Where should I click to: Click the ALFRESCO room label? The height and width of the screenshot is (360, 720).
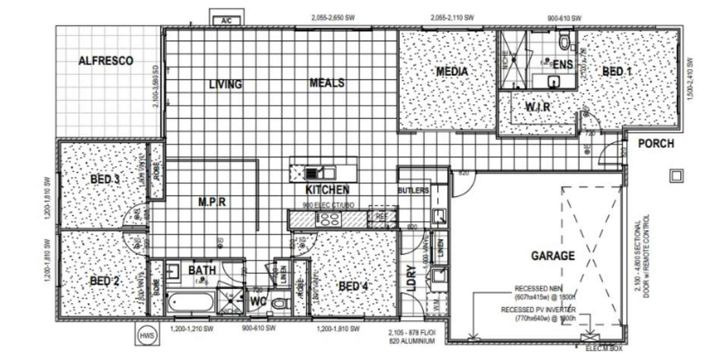pos(106,61)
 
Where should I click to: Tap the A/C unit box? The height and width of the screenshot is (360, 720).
pos(227,20)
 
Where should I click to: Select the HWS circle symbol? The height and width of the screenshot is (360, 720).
pos(147,335)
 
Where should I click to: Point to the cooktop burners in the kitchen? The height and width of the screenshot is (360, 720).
pos(329,219)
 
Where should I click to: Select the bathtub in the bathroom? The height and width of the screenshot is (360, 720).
pos(190,303)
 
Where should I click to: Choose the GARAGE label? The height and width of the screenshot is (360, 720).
pos(553,256)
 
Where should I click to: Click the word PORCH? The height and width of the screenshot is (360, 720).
pos(656,144)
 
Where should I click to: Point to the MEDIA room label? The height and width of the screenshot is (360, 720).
pos(452,71)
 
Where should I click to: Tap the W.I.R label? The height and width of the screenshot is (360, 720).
pos(538,107)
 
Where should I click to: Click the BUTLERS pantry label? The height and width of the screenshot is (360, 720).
pos(413,191)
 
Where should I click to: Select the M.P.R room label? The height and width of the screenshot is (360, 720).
pos(212,202)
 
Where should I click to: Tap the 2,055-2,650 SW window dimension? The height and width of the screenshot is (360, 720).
pos(333,18)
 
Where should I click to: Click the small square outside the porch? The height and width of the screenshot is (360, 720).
pos(676,175)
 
